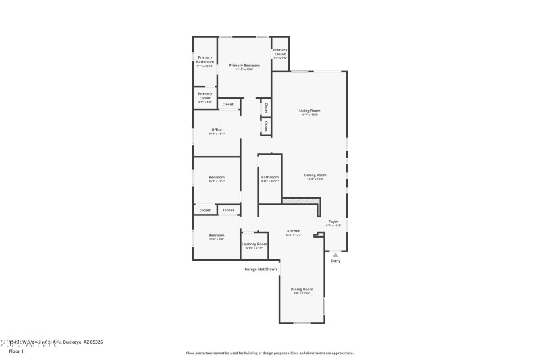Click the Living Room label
pos(310,111)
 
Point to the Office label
pos(217,130)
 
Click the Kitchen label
pos(293,231)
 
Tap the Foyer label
pos(333,222)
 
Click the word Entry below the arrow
pos(335,261)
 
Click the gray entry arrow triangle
pos(335,255)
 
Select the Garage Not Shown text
pos(261,269)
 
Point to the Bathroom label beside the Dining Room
pos(270,178)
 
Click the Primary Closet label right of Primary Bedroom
pos(280,51)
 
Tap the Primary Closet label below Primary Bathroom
pos(205,96)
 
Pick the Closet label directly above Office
pos(228,105)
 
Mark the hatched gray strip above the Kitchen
pos(301,201)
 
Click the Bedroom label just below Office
pos(217,178)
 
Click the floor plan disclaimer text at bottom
pos(270,353)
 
